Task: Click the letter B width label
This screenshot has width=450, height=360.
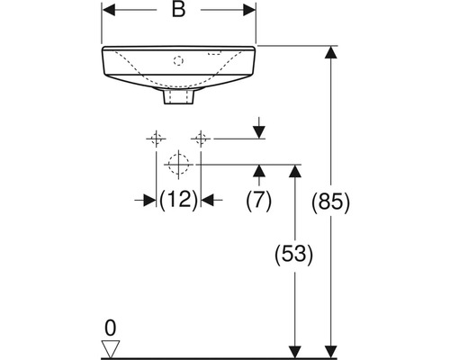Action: (178, 10)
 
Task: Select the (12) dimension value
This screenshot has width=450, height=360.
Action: (178, 200)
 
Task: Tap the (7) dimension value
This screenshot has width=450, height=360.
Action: (258, 200)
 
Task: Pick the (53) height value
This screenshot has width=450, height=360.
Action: (294, 255)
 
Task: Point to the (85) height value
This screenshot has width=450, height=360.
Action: (330, 202)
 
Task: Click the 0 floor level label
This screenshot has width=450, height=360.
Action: (111, 328)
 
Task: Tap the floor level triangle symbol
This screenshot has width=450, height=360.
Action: (111, 349)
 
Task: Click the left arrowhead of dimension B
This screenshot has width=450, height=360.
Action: (109, 10)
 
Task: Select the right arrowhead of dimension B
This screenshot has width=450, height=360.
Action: (249, 10)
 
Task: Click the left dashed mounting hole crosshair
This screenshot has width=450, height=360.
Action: (156, 139)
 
